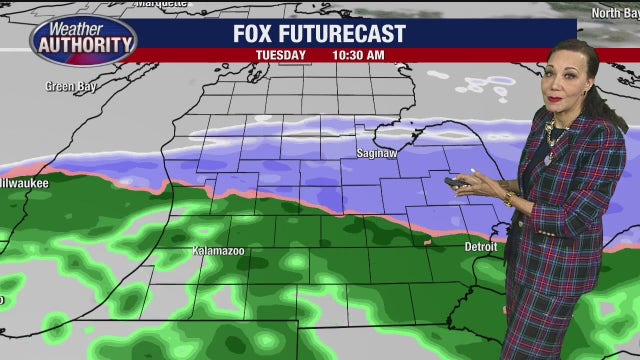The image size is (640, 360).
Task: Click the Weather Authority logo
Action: [83, 38]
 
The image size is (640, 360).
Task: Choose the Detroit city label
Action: [481, 245]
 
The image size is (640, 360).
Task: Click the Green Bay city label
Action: [69, 86]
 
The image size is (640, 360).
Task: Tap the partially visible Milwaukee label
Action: [24, 183]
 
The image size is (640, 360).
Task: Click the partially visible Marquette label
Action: [160, 4]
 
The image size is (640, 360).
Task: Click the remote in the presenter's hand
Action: [458, 183]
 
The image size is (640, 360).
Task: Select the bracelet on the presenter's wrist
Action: [507, 200]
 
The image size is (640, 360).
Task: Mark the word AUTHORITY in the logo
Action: [84, 44]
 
